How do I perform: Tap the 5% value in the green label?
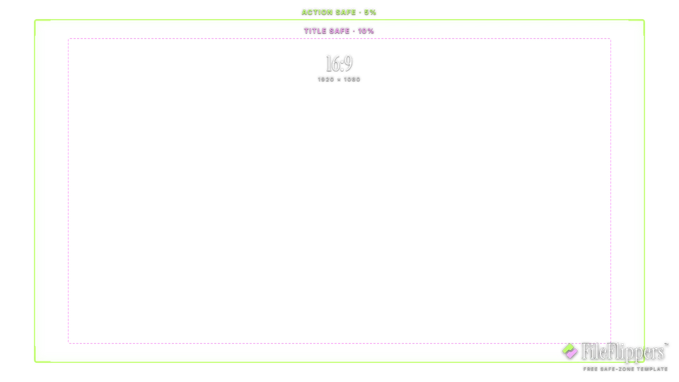pos(370,12)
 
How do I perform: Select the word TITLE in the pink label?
pos(315,31)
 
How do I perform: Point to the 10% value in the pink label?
pos(366,31)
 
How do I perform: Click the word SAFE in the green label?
pos(346,12)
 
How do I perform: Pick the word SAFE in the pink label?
pos(339,31)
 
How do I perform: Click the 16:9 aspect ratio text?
pos(339,64)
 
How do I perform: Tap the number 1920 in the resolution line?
pos(326,80)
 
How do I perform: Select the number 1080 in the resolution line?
pos(352,80)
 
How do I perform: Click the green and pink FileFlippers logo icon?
pos(570,352)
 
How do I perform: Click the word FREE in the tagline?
pos(590,369)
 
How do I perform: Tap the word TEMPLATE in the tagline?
pos(651,369)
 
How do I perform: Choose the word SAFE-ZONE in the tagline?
pos(617,369)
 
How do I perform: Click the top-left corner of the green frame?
pos(35,20)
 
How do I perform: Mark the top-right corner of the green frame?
pos(644,20)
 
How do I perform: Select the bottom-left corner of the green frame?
pos(35,361)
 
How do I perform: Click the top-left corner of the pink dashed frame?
pos(68,38)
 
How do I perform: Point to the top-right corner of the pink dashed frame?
pos(611,38)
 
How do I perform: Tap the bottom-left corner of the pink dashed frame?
pos(68,344)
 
